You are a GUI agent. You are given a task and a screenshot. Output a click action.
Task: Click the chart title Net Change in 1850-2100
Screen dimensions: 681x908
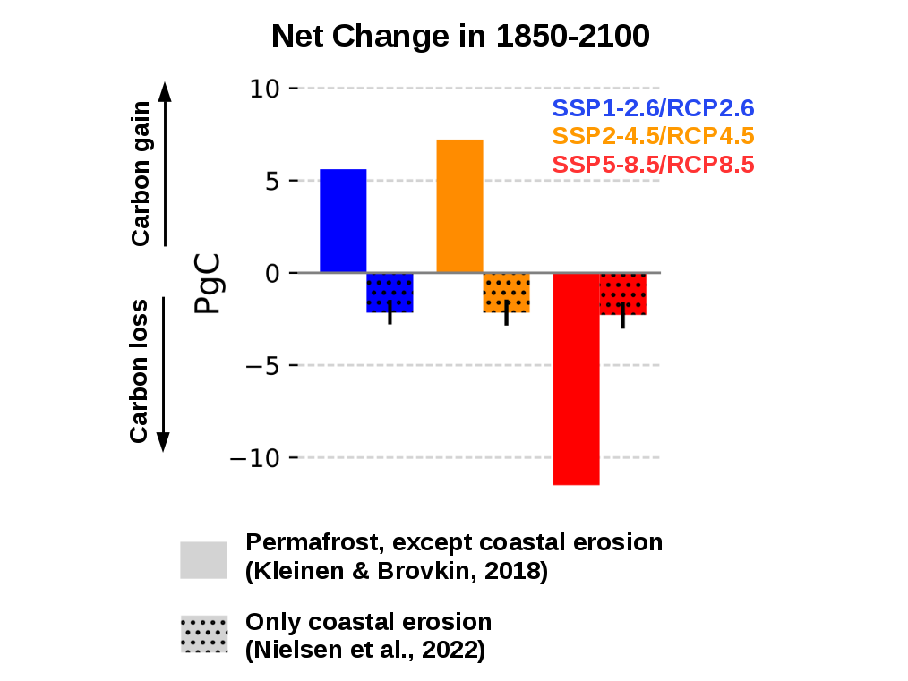pyautogui.click(x=459, y=37)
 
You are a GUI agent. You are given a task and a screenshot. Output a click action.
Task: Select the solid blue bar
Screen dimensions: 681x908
pyautogui.click(x=343, y=220)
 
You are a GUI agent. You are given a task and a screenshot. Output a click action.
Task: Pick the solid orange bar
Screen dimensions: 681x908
pyautogui.click(x=459, y=206)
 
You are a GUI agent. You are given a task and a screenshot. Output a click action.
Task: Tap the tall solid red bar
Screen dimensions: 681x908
pyautogui.click(x=576, y=379)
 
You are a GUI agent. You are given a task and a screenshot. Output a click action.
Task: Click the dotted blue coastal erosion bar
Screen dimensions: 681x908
pyautogui.click(x=390, y=293)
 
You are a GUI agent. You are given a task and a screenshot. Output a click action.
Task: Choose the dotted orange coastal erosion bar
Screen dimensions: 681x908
pyautogui.click(x=506, y=293)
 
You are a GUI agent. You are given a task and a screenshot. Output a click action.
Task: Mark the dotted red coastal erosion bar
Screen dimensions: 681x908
pyautogui.click(x=622, y=294)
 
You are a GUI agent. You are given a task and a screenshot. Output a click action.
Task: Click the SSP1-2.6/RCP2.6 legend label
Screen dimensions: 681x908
pyautogui.click(x=653, y=109)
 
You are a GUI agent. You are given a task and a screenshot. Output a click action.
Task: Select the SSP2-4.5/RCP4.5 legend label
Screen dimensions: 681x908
pyautogui.click(x=653, y=137)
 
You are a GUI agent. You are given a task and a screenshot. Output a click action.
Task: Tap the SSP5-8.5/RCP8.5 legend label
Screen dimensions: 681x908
pyautogui.click(x=653, y=165)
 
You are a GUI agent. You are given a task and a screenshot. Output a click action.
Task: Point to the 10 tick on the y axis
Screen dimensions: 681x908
pyautogui.click(x=265, y=89)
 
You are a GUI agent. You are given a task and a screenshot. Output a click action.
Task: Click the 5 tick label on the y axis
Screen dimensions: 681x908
pyautogui.click(x=271, y=181)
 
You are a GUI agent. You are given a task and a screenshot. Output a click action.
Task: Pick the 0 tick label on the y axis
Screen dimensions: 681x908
pyautogui.click(x=271, y=273)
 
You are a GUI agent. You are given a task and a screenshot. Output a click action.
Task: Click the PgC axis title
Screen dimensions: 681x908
pyautogui.click(x=208, y=286)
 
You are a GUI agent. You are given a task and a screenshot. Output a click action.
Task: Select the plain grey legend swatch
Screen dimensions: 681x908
pyautogui.click(x=203, y=559)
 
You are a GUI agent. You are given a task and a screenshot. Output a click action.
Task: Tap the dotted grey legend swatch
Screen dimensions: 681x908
pyautogui.click(x=203, y=634)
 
